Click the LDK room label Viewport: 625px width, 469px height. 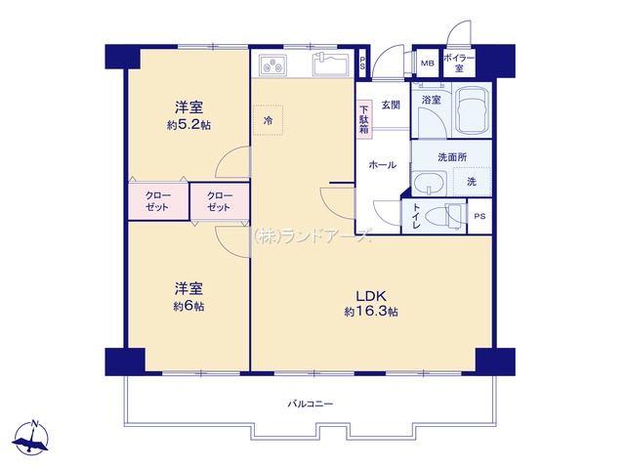point(371,296)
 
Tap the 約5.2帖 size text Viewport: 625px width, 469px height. point(188,125)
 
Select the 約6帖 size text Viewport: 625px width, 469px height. point(188,306)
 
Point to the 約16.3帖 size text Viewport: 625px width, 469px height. point(371,312)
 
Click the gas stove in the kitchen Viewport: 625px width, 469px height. point(273,65)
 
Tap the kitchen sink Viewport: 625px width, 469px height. point(331,64)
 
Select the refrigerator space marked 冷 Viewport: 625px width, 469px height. point(269,120)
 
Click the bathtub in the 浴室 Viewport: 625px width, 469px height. point(473,110)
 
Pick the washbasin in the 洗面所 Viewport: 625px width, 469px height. point(430,183)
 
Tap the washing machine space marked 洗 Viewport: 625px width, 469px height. point(472,182)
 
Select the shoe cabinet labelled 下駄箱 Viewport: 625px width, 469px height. point(364,119)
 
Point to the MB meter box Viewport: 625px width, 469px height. point(428,63)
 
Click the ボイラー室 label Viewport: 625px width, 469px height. point(459,63)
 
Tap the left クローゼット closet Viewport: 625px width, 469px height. point(158,201)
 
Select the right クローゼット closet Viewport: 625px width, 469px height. point(220,201)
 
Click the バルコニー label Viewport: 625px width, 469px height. point(311,404)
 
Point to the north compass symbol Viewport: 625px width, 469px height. point(31,437)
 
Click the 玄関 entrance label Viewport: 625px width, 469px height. point(391,106)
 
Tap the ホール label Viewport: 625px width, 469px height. point(383,165)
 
